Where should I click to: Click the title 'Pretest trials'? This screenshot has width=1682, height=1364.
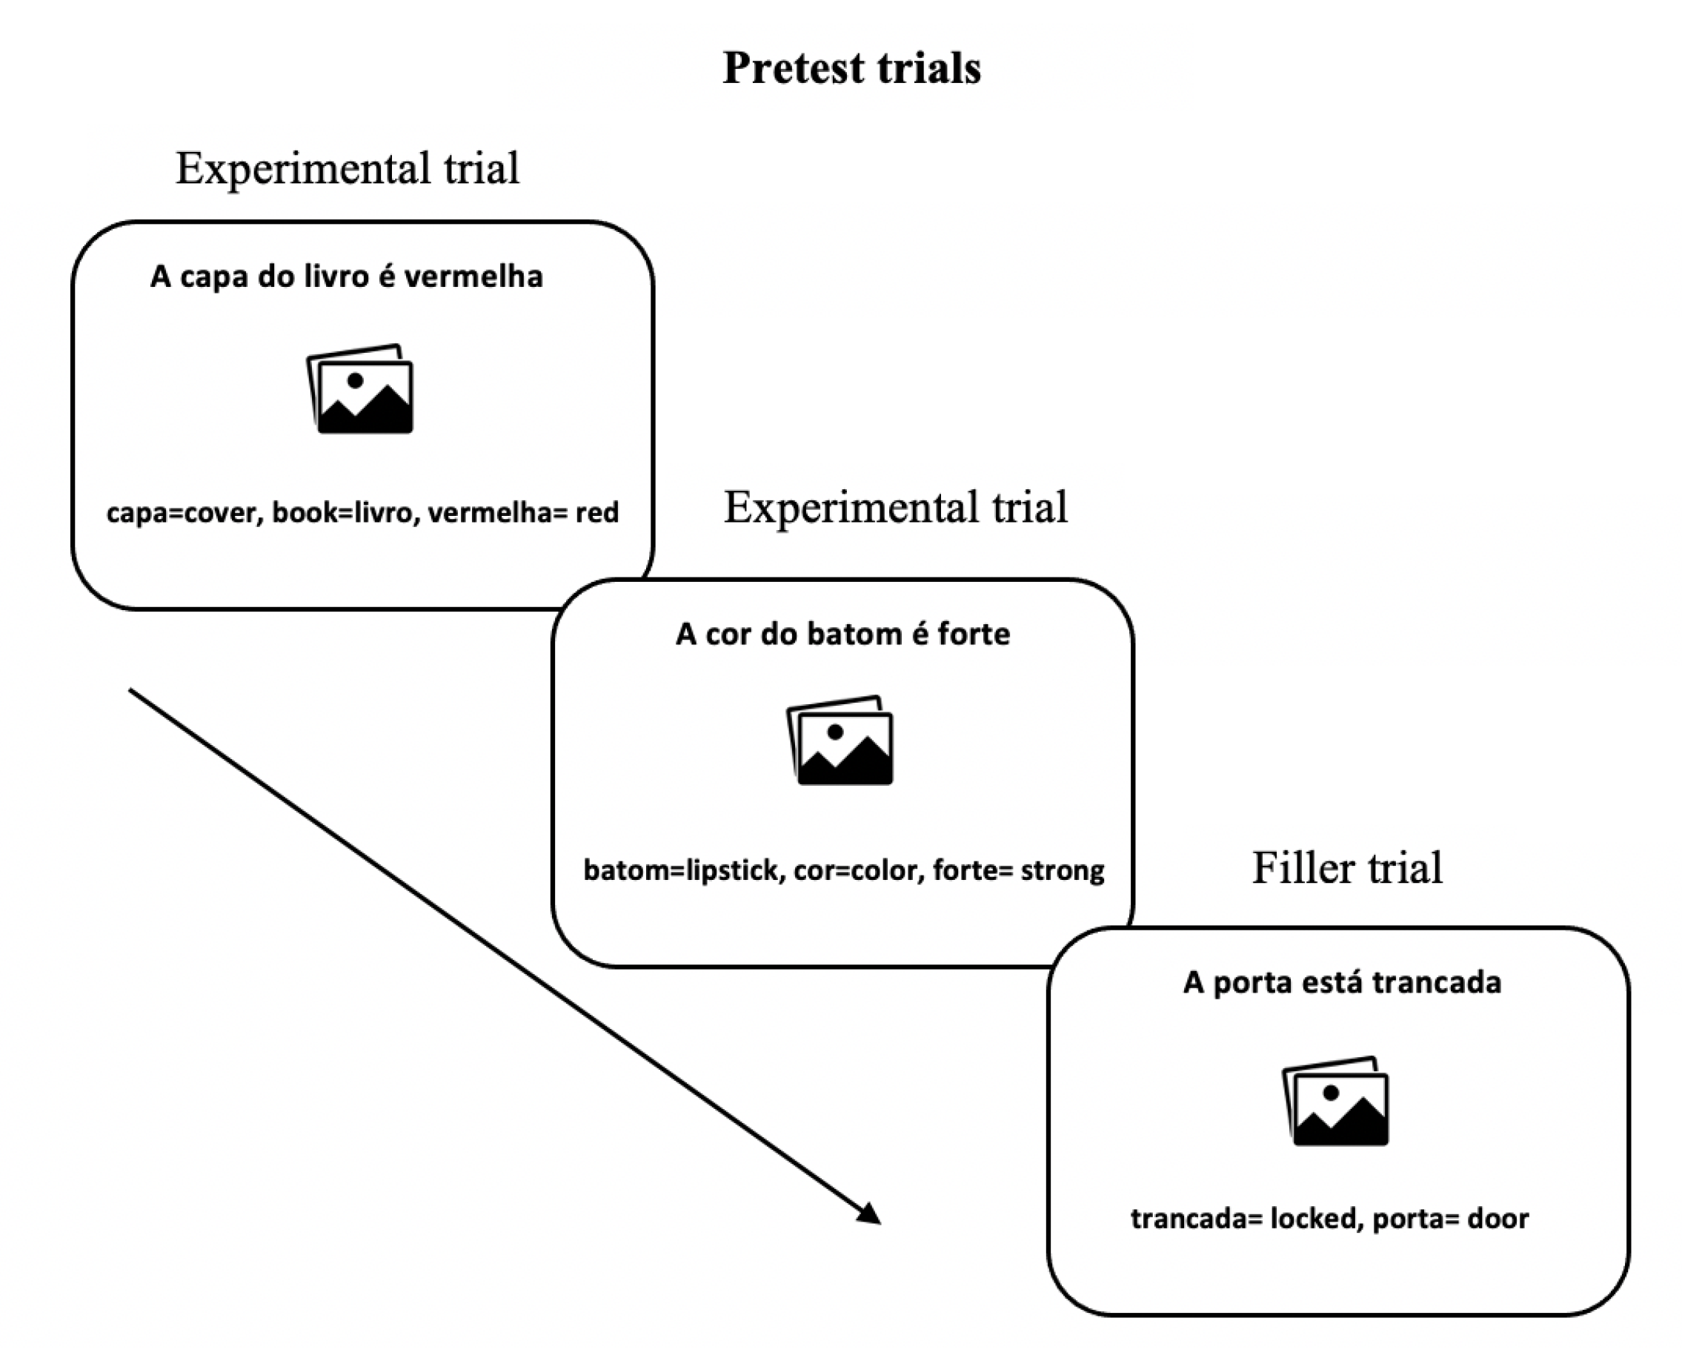(x=851, y=67)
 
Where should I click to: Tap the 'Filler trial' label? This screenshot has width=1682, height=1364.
(x=1346, y=867)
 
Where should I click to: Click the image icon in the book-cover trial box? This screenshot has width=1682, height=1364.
(x=359, y=388)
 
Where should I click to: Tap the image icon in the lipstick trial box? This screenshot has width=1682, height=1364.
(x=840, y=739)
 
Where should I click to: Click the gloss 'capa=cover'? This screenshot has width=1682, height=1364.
(x=185, y=513)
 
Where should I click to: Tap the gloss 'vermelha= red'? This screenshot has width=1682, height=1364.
(x=524, y=512)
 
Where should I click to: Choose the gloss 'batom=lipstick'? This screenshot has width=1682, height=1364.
(x=685, y=870)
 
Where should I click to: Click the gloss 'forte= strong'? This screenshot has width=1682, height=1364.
(x=1020, y=870)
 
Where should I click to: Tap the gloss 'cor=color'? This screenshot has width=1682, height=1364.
(x=859, y=870)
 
